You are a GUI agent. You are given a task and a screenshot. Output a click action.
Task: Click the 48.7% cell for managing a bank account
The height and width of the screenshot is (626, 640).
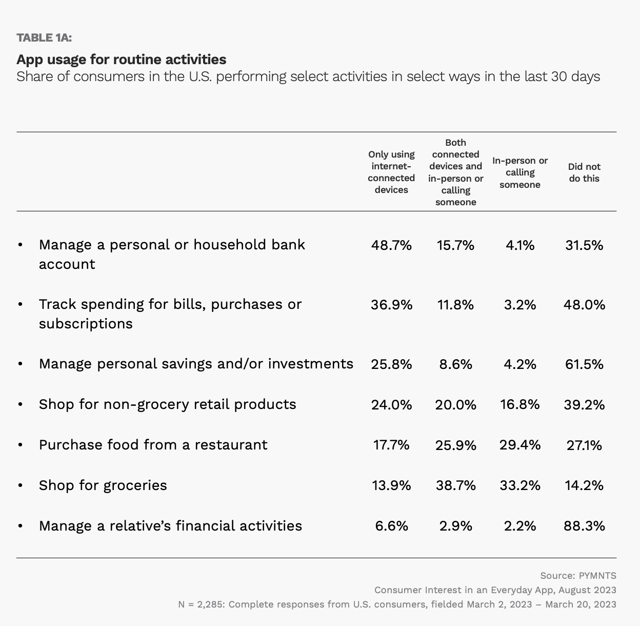pyautogui.click(x=391, y=245)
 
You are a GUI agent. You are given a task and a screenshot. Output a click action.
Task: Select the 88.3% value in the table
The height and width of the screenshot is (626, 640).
pyautogui.click(x=584, y=526)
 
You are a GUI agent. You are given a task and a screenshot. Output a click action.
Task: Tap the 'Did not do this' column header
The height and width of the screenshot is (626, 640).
pyautogui.click(x=584, y=172)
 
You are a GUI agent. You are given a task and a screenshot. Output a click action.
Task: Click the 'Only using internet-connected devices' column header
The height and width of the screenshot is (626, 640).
pyautogui.click(x=391, y=172)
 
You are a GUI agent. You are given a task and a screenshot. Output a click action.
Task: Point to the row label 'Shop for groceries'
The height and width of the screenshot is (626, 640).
pyautogui.click(x=103, y=485)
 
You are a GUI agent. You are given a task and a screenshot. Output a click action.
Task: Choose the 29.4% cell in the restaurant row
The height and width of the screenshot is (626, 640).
pyautogui.click(x=520, y=445)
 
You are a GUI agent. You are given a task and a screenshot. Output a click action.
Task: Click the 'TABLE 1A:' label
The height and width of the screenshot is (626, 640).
pyautogui.click(x=44, y=37)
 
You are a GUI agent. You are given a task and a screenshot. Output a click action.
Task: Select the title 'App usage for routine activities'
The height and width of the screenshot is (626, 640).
pyautogui.click(x=122, y=60)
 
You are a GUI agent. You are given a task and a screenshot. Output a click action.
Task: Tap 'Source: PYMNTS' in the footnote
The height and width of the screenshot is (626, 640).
pyautogui.click(x=578, y=576)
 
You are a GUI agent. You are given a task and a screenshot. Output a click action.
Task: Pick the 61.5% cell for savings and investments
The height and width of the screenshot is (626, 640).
pyautogui.click(x=584, y=364)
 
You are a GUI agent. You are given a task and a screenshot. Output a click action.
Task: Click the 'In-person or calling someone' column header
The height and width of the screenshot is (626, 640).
pyautogui.click(x=520, y=172)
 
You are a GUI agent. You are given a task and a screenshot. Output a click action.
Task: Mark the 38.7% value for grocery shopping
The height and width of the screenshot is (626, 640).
pyautogui.click(x=456, y=485)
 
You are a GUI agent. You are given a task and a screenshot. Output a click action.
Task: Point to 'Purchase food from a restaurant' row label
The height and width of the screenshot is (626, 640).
pyautogui.click(x=153, y=444)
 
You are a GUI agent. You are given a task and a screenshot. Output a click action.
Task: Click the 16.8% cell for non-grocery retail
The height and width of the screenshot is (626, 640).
pyautogui.click(x=520, y=404)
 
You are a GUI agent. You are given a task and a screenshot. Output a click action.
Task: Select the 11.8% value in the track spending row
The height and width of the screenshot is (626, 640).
pyautogui.click(x=456, y=305)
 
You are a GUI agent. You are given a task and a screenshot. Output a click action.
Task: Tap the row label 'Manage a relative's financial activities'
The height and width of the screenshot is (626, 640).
pyautogui.click(x=171, y=526)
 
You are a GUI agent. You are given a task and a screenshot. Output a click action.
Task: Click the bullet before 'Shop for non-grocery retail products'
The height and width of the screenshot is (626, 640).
pyautogui.click(x=20, y=404)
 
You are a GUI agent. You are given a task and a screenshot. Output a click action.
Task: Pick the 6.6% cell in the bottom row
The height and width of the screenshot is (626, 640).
pyautogui.click(x=391, y=526)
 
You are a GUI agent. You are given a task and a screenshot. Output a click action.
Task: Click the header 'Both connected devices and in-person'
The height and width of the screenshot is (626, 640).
pyautogui.click(x=456, y=172)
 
